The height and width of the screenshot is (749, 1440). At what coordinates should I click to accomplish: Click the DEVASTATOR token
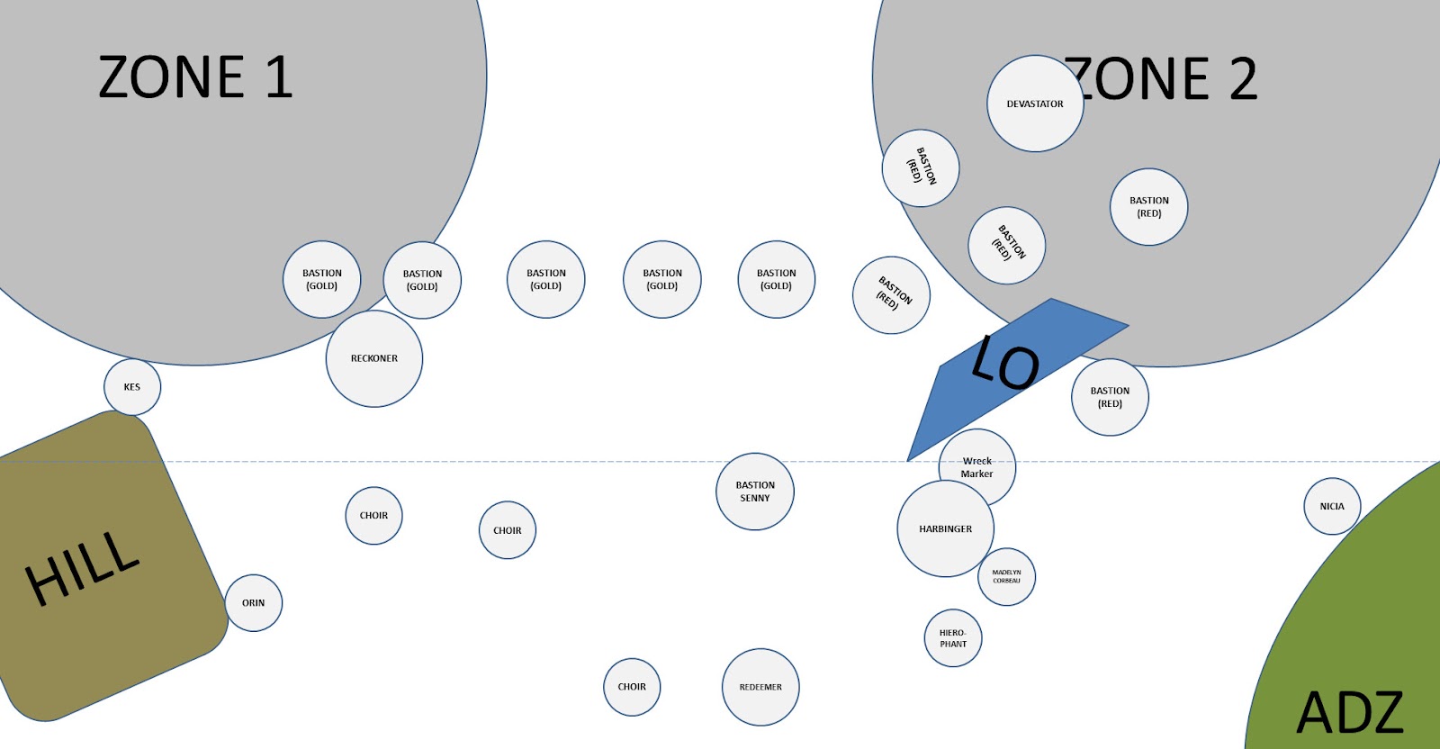point(1035,104)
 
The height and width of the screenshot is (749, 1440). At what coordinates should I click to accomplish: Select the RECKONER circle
point(374,358)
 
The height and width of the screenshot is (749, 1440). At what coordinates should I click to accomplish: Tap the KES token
point(132,387)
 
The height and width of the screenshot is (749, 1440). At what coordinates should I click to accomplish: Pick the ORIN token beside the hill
point(253,603)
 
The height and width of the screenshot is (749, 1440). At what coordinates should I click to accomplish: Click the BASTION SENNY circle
point(755,492)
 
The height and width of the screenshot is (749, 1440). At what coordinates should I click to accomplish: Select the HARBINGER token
point(945,529)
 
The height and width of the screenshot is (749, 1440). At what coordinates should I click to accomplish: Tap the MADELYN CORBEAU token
point(1006,577)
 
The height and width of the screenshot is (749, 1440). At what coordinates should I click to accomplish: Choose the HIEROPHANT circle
point(953,638)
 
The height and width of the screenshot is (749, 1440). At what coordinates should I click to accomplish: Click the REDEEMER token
point(760,687)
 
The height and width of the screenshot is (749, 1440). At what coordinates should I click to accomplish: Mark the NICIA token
point(1332,506)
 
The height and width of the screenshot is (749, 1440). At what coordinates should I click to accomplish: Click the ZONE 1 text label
point(195,77)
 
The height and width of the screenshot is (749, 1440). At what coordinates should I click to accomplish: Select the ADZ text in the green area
point(1350,713)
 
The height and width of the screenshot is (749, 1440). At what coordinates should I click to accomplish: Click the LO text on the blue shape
point(1006,362)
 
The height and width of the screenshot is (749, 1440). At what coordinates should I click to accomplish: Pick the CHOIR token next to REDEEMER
point(632,687)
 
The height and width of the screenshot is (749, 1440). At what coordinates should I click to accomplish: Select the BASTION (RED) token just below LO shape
point(1110,397)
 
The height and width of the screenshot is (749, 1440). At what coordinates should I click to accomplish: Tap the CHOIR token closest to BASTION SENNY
point(508,530)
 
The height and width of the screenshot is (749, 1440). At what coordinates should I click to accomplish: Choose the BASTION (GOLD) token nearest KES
point(322,279)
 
